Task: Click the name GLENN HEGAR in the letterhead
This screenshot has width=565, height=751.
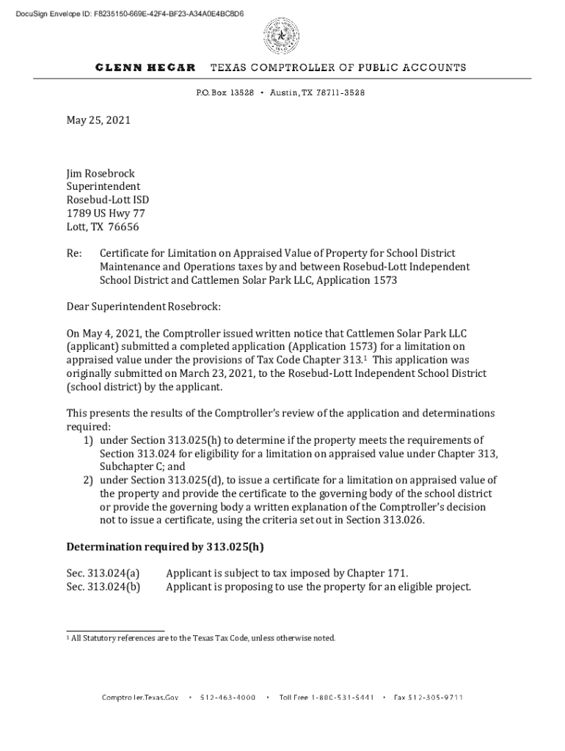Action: (145, 67)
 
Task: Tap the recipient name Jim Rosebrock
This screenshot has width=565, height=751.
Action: (101, 174)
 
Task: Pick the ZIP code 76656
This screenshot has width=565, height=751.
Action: (123, 227)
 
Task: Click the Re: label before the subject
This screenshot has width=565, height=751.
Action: (74, 253)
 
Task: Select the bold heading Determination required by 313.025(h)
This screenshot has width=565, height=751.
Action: (165, 547)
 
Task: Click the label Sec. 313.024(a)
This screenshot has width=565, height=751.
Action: (103, 574)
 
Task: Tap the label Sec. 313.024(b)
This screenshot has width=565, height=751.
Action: (103, 587)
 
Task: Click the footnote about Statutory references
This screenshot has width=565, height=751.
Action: (203, 638)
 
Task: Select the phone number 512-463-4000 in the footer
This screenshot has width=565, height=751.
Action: (227, 697)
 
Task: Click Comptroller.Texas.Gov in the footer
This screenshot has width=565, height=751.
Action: (140, 697)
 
